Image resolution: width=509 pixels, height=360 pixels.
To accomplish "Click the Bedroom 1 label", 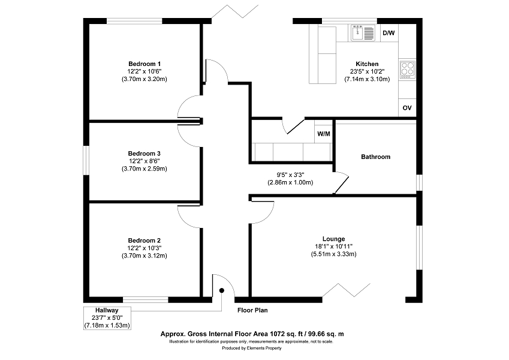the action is pyautogui.click(x=144, y=64).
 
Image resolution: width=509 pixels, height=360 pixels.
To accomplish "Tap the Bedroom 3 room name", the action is pyautogui.click(x=144, y=154).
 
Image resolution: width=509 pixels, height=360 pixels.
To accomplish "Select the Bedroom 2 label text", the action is pyautogui.click(x=144, y=241).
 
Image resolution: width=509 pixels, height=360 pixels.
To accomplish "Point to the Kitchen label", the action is pyautogui.click(x=367, y=64).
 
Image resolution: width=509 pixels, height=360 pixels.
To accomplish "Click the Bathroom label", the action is pyautogui.click(x=375, y=157).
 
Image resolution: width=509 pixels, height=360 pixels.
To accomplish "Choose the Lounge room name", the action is pyautogui.click(x=334, y=239).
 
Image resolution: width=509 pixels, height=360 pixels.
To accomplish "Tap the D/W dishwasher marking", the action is pyautogui.click(x=388, y=33).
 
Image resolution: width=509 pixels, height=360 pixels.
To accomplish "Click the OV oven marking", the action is pyautogui.click(x=407, y=108).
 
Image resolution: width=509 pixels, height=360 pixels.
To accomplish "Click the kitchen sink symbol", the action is pyautogui.click(x=363, y=33).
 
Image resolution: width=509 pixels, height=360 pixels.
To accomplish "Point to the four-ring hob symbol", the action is pyautogui.click(x=408, y=70).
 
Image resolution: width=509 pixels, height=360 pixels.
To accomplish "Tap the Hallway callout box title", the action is pyautogui.click(x=107, y=310).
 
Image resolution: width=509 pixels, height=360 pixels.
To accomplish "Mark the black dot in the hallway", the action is pyautogui.click(x=222, y=290).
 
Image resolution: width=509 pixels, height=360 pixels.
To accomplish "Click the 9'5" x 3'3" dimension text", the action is pyautogui.click(x=290, y=175).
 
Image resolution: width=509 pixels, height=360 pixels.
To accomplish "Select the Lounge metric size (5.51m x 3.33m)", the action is pyautogui.click(x=334, y=254).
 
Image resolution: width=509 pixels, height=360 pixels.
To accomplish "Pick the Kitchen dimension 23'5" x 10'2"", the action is pyautogui.click(x=367, y=71).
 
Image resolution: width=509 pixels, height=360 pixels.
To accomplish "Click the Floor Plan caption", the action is pyautogui.click(x=252, y=310).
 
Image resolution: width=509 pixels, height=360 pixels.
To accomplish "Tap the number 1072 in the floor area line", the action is pyautogui.click(x=278, y=334).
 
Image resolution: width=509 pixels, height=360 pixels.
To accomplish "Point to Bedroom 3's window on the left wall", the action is pyautogui.click(x=86, y=161).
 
